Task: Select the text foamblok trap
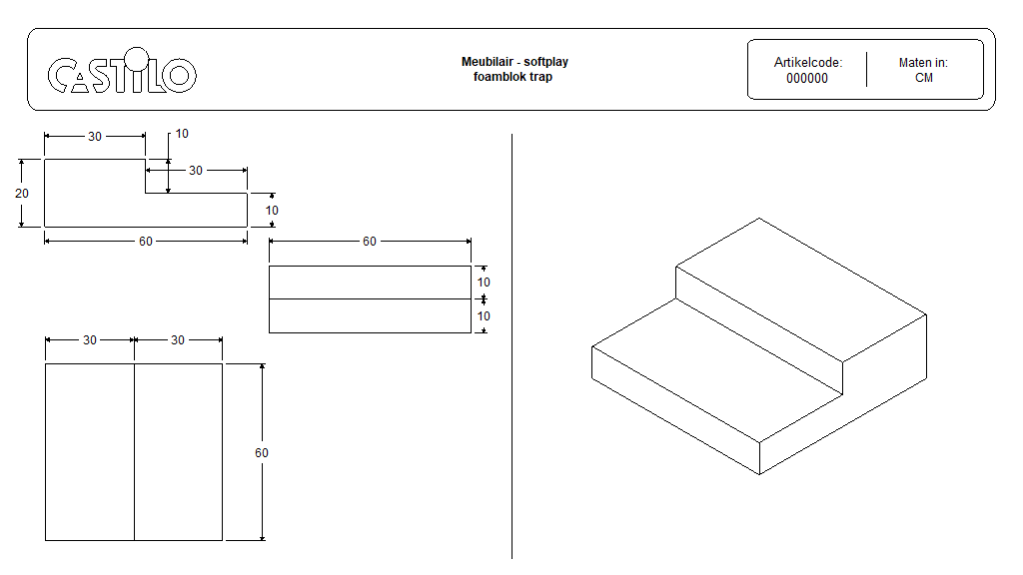512,77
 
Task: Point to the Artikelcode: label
808,62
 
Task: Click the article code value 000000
807,78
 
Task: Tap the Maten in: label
923,62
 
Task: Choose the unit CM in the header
924,78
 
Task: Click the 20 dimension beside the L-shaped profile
22,193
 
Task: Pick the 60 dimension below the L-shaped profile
146,242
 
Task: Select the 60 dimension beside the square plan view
262,453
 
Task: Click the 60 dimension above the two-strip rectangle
370,242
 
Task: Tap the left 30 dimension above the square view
90,340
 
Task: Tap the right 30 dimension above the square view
178,340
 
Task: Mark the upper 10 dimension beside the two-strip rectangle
484,283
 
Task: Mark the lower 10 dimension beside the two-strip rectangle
484,315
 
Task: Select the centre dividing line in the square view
134,452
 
